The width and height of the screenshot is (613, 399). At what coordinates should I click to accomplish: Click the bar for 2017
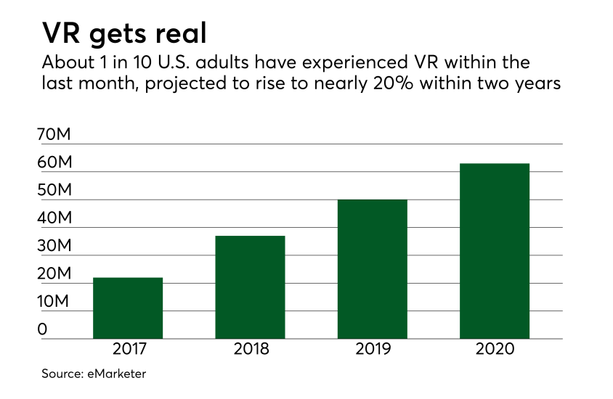[x=128, y=308]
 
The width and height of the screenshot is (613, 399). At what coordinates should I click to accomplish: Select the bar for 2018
[x=251, y=287]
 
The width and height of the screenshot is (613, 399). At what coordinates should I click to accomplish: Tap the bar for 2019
[x=373, y=269]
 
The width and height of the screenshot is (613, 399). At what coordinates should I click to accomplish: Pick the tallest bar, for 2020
[x=495, y=251]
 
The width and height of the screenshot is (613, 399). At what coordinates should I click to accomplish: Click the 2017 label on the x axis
[x=129, y=350]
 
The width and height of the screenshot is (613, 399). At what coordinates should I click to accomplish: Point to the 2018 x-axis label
[x=251, y=350]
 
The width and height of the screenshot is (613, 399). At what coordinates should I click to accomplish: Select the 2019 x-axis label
[x=373, y=350]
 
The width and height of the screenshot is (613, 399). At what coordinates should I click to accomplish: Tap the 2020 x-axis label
[x=495, y=350]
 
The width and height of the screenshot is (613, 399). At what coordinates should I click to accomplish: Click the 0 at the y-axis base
[x=43, y=329]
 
